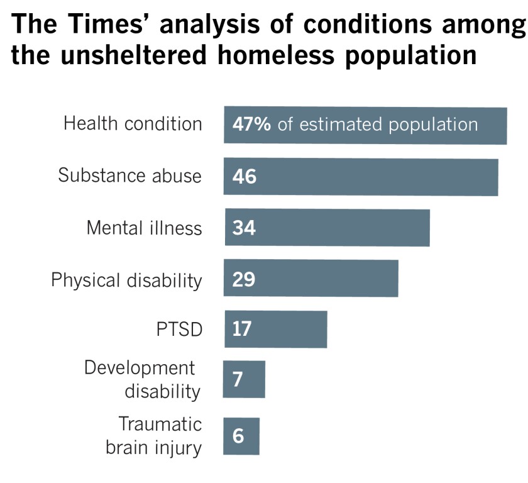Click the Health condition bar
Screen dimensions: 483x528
tap(365, 126)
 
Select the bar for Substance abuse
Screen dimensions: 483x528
tap(361, 177)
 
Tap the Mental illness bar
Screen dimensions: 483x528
tap(327, 228)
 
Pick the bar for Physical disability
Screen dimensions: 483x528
tap(311, 278)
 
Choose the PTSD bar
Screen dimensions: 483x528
tap(276, 329)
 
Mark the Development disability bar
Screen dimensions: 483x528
tap(245, 379)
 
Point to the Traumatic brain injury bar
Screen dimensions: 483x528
tap(242, 436)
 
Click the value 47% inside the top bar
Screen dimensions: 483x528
tap(251, 125)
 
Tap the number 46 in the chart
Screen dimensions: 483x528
tap(244, 177)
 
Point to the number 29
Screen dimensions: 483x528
tap(243, 279)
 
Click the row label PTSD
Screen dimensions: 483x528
tap(180, 330)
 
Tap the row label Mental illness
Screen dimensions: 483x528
tap(145, 228)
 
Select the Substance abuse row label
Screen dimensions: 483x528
tap(130, 175)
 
